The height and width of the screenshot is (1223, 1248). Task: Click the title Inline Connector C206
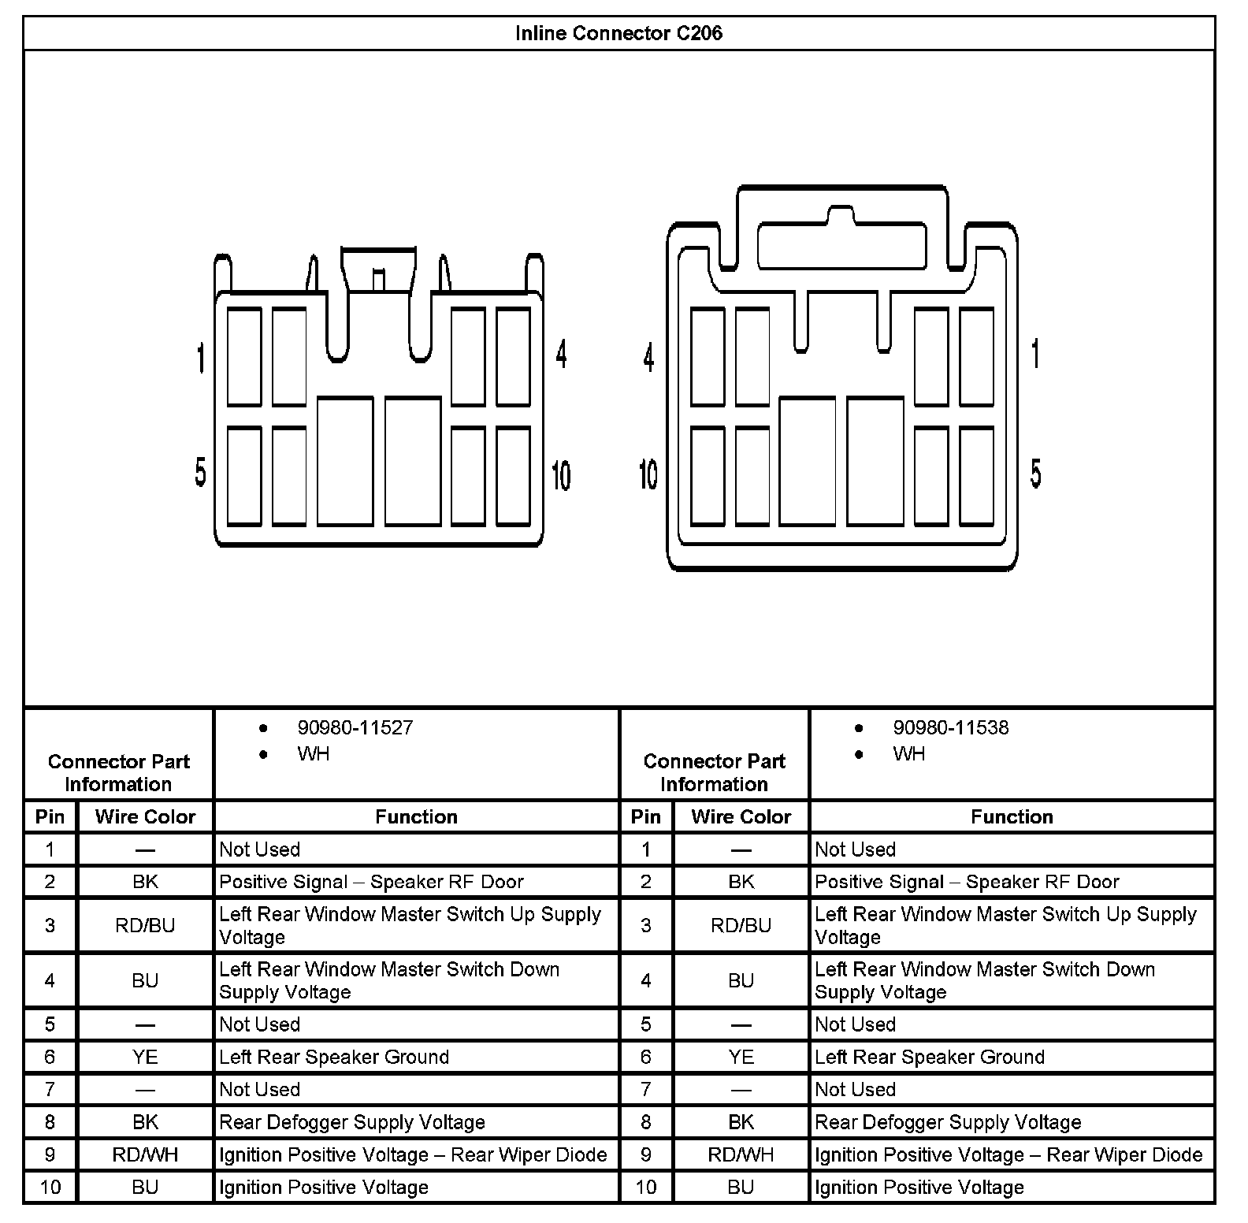point(618,33)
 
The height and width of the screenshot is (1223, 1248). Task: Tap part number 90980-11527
point(355,727)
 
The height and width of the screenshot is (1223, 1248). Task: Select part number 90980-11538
point(950,727)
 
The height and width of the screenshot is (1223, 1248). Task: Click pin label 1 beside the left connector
point(201,358)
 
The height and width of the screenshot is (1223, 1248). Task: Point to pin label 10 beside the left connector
point(561,474)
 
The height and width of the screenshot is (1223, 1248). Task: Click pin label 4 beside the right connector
point(648,358)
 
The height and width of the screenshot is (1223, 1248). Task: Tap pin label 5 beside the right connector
point(1035,473)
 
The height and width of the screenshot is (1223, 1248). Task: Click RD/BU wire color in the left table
point(145,925)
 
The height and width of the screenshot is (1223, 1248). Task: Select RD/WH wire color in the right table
point(741,1154)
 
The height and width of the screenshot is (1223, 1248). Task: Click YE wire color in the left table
point(145,1057)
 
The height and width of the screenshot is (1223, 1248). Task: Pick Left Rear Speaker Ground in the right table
point(930,1057)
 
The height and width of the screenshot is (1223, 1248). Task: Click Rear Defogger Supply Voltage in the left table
point(352,1122)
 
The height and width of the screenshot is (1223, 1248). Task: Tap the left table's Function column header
point(416,816)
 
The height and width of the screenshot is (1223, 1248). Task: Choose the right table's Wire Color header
point(741,816)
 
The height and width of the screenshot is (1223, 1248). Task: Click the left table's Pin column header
point(50,816)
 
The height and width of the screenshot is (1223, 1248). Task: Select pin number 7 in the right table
point(646,1089)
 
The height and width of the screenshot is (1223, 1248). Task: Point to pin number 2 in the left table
point(50,882)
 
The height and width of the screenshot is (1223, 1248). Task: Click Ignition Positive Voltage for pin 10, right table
point(919,1187)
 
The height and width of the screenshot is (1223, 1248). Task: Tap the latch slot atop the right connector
point(841,246)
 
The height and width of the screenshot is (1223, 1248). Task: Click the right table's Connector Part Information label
point(714,772)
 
